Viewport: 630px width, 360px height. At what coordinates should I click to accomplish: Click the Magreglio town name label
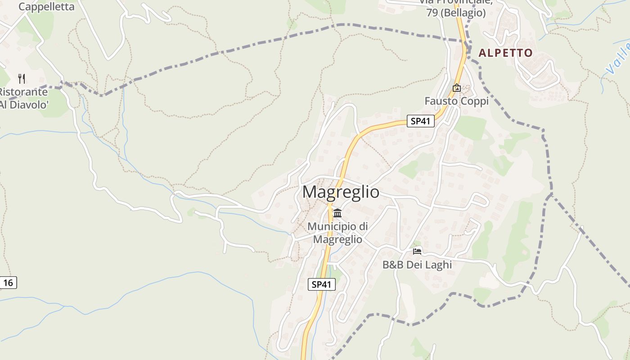click(341, 192)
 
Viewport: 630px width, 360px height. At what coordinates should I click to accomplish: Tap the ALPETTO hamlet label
click(505, 53)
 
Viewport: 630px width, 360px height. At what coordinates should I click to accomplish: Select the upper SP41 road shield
click(421, 121)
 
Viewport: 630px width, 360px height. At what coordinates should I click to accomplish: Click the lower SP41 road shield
click(322, 284)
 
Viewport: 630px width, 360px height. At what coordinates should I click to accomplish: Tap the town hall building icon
click(337, 213)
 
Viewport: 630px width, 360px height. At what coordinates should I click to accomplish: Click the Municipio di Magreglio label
click(337, 233)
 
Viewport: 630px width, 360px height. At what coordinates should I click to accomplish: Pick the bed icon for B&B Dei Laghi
click(417, 251)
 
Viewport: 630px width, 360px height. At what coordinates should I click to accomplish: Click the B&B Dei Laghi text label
click(417, 265)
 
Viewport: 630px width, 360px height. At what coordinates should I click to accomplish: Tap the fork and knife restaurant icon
click(22, 79)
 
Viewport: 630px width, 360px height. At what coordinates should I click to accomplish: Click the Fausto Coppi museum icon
click(457, 88)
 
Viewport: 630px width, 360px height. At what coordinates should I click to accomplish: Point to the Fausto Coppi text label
click(457, 101)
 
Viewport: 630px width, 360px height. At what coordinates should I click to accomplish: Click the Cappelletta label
click(46, 7)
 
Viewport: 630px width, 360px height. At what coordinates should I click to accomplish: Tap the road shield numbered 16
click(9, 283)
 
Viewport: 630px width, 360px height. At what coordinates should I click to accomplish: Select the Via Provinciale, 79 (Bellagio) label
click(456, 8)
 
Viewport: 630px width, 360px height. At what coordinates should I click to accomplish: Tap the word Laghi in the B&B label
click(436, 265)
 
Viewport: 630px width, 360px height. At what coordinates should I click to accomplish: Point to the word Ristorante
click(23, 92)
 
